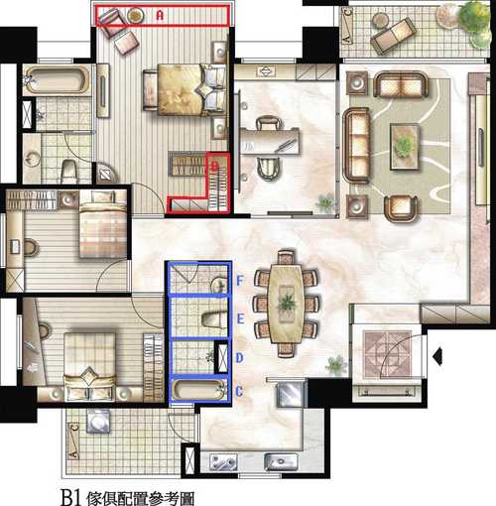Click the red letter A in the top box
tap(160, 15)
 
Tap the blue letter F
tap(240, 281)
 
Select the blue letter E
tap(240, 318)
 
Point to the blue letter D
tap(240, 357)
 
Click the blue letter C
tap(239, 392)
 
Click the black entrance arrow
tap(437, 356)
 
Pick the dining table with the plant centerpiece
tap(286, 304)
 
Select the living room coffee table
tap(405, 146)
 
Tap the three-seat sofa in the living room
tap(356, 146)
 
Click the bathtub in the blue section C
tap(198, 390)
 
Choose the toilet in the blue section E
tap(214, 319)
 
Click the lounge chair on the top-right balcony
tap(393, 36)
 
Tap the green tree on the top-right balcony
tap(475, 23)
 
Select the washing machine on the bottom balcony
tap(98, 421)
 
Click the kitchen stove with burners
tap(223, 461)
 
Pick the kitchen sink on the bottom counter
tap(281, 461)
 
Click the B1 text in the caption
tap(70, 496)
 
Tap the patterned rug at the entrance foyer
tap(388, 354)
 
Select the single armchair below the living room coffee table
tap(401, 208)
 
